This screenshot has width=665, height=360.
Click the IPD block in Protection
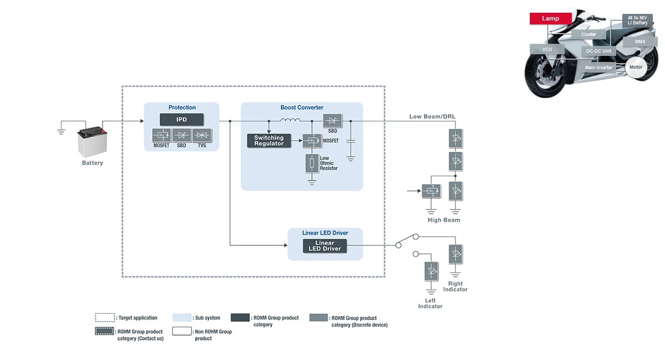182,119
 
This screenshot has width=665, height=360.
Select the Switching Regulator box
269,141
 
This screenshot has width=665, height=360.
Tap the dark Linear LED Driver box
325,246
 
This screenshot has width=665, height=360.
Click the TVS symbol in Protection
203,135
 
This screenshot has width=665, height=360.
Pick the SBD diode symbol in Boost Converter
332,121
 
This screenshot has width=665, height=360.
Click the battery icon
91,142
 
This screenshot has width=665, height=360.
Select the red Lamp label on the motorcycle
550,18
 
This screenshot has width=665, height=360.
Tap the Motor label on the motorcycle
636,67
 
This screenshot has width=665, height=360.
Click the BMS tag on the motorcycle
640,42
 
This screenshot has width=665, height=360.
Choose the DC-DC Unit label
599,51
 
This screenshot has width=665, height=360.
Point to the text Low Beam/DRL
433,116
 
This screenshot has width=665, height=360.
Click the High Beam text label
444,220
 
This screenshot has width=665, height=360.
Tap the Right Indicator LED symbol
456,254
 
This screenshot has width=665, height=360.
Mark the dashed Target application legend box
105,318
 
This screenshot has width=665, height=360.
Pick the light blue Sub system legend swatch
182,318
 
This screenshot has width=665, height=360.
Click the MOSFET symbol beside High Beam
431,191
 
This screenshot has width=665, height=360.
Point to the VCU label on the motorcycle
547,49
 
